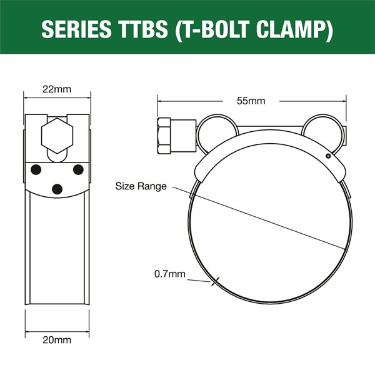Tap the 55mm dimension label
252,100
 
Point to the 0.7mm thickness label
169,273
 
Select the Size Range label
141,186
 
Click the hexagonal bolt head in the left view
55,136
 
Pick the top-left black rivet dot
37,169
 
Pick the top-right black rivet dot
78,169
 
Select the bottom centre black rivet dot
57,189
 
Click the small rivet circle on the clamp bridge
326,155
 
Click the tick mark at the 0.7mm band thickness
214,281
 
